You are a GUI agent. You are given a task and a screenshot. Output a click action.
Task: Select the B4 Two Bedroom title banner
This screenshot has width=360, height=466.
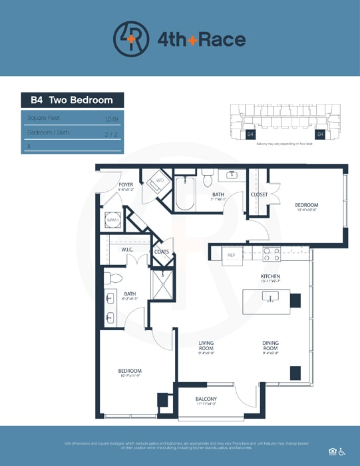pyautogui.click(x=72, y=101)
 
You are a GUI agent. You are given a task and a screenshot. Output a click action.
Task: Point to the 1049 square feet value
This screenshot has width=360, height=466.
pyautogui.click(x=111, y=118)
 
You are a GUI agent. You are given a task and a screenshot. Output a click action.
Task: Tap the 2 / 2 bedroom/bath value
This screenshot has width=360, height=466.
pyautogui.click(x=112, y=132)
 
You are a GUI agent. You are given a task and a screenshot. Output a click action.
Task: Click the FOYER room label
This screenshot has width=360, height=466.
pyautogui.click(x=126, y=184)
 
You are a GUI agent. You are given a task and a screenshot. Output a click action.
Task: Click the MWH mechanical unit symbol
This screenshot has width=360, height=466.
pyautogui.click(x=112, y=219)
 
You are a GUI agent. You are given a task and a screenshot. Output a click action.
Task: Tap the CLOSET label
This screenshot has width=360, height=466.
pyautogui.click(x=259, y=194)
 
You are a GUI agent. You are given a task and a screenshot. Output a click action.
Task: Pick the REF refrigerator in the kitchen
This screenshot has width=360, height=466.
pyautogui.click(x=232, y=255)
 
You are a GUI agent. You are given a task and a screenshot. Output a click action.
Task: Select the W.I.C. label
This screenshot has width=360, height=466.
pyautogui.click(x=128, y=250)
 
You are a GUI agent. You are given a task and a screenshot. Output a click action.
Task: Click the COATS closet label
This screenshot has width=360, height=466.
pyautogui.click(x=161, y=252)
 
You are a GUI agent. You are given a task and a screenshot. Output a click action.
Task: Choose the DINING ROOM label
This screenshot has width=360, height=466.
pyautogui.click(x=270, y=346)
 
